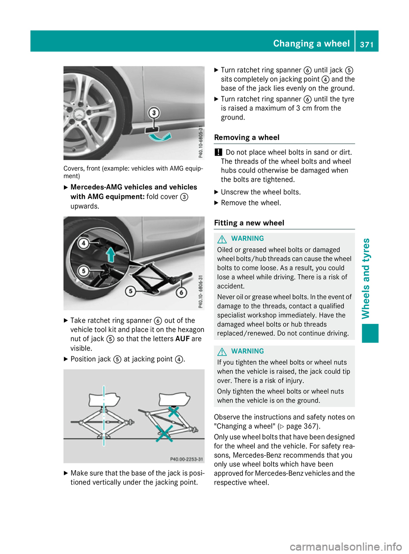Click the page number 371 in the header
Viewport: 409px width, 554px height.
click(x=366, y=44)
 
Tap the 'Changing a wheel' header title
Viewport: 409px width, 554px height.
click(x=311, y=43)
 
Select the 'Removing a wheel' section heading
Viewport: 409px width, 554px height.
click(x=247, y=137)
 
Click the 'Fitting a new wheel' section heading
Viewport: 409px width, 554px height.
click(x=249, y=223)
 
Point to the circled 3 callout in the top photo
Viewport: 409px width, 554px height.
click(x=154, y=113)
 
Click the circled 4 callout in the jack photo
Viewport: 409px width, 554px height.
click(x=84, y=243)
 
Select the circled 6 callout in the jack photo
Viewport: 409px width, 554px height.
click(x=181, y=292)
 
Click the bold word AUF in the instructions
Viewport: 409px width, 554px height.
click(x=182, y=339)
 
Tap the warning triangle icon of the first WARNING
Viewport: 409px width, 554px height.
click(x=222, y=239)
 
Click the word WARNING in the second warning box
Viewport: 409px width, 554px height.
click(x=248, y=351)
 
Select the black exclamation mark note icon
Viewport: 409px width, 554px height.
click(x=218, y=152)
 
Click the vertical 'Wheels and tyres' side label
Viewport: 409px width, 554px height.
click(x=366, y=278)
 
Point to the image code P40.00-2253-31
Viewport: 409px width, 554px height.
click(x=186, y=459)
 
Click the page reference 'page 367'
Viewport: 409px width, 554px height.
click(x=302, y=426)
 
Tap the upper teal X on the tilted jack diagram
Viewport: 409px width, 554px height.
click(x=173, y=411)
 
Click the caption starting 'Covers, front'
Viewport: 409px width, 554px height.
click(x=133, y=172)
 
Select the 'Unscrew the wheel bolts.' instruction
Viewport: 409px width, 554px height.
click(x=261, y=192)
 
